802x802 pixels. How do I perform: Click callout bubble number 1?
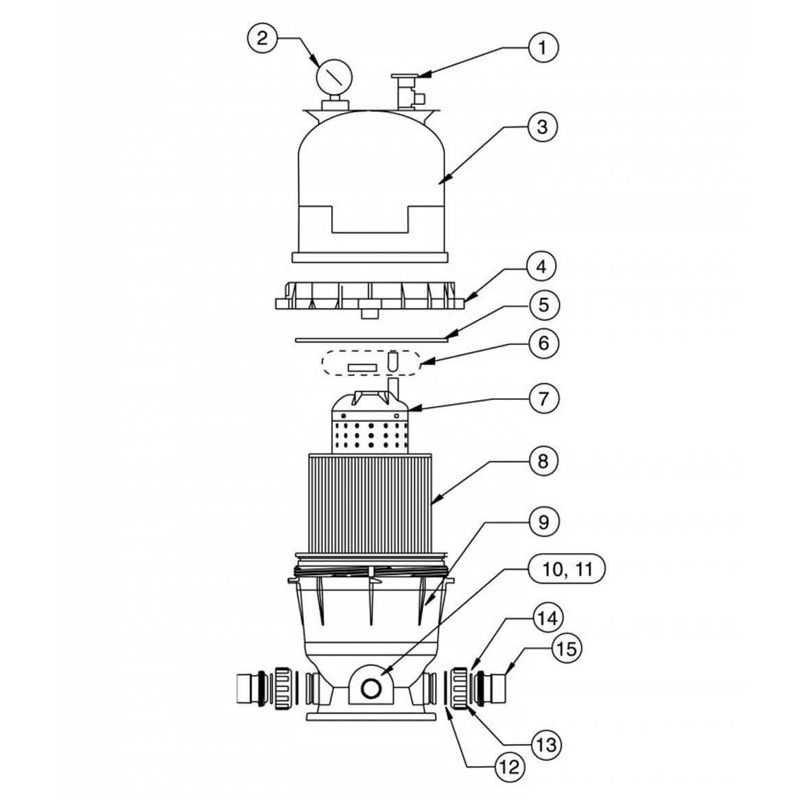click(x=542, y=47)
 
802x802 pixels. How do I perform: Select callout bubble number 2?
click(x=261, y=38)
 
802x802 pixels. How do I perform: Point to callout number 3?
click(x=542, y=127)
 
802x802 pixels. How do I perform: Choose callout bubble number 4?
click(x=542, y=266)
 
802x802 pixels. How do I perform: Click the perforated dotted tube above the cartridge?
click(x=370, y=434)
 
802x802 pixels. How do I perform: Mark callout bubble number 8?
click(x=542, y=461)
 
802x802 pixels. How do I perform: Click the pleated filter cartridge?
click(x=370, y=501)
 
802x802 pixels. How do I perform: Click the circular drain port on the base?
click(x=371, y=687)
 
